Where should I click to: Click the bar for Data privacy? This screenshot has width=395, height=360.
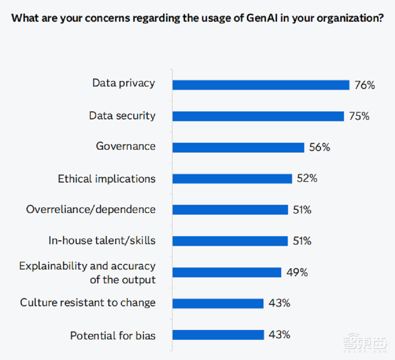pyautogui.click(x=261, y=85)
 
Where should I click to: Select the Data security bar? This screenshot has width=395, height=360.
pyautogui.click(x=258, y=116)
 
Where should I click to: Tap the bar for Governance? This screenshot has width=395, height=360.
pyautogui.click(x=238, y=147)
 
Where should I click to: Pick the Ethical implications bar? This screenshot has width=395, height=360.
pyautogui.click(x=232, y=179)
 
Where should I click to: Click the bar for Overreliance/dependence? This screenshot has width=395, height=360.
pyautogui.click(x=230, y=210)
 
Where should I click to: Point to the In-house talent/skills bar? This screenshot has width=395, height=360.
pyautogui.click(x=230, y=241)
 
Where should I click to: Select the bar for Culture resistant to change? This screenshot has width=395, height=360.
pyautogui.click(x=218, y=303)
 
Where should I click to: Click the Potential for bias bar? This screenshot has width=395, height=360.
pyautogui.click(x=218, y=335)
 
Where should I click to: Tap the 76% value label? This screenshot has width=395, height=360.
pyautogui.click(x=364, y=85)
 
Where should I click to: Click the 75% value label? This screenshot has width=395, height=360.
pyautogui.click(x=359, y=116)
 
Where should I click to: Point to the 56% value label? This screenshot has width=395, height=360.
pyautogui.click(x=320, y=147)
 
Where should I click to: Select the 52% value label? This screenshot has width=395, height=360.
pyautogui.click(x=307, y=179)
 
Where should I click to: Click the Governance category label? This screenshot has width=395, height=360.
pyautogui.click(x=126, y=146)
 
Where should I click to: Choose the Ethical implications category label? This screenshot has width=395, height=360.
pyautogui.click(x=107, y=179)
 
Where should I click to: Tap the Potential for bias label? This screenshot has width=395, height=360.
pyautogui.click(x=113, y=336)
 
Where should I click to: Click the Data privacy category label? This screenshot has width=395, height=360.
pyautogui.click(x=124, y=83)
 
